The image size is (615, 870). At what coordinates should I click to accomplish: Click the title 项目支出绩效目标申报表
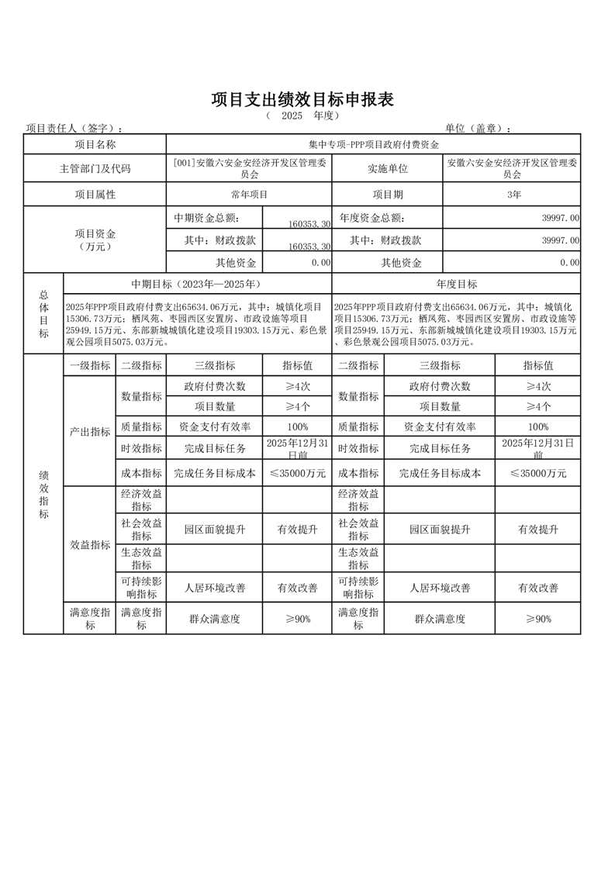[x=303, y=100]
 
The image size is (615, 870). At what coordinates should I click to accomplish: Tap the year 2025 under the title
[x=292, y=116]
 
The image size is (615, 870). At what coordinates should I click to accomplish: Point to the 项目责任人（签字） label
[x=74, y=128]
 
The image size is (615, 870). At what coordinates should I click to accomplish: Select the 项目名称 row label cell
[x=95, y=144]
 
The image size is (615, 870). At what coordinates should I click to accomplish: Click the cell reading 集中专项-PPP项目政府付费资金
[x=373, y=144]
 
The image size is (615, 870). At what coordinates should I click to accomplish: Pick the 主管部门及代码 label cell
[x=95, y=168]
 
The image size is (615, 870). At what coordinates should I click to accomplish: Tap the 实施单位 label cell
[x=387, y=168]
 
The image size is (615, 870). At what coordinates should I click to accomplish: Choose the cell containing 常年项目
[x=249, y=194]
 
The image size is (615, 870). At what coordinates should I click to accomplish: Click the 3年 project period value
[x=513, y=194]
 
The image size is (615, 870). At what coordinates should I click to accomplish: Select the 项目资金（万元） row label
[x=95, y=240]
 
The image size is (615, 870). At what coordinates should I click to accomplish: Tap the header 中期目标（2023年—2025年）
[x=197, y=284]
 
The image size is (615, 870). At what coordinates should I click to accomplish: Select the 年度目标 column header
[x=456, y=284]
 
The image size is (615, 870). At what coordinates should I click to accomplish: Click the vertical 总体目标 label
[x=43, y=313]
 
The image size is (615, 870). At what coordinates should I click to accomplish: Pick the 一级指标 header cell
[x=89, y=365]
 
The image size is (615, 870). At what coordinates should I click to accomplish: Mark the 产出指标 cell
[x=89, y=432]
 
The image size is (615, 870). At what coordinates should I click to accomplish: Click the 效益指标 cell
[x=89, y=545]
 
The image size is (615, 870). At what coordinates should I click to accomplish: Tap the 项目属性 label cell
[x=95, y=194]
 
